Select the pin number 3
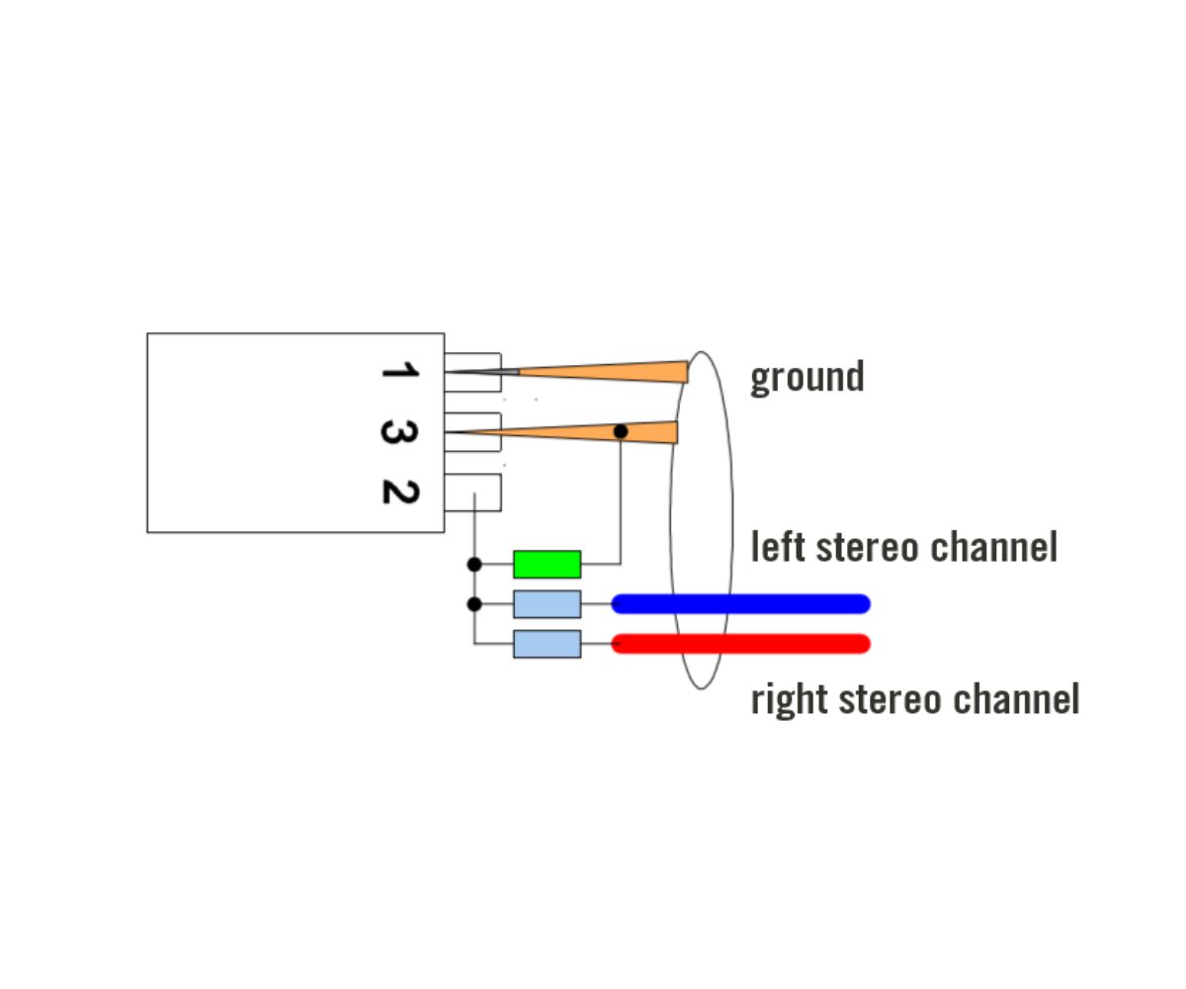[399, 432]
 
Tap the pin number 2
[399, 492]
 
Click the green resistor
[547, 564]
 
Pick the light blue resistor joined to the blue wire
[547, 603]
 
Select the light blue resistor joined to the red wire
[547, 644]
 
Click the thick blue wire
[741, 603]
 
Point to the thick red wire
[741, 644]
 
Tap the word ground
[806, 377]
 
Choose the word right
[789, 699]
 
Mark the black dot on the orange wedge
[621, 432]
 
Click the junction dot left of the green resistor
[474, 564]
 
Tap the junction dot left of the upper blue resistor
[474, 603]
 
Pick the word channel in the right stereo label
[1021, 698]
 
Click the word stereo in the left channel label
[865, 546]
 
